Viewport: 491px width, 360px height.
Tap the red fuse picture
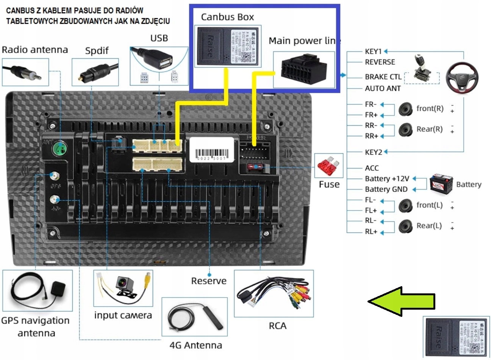[328, 165]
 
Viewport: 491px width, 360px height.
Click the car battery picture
[441, 184]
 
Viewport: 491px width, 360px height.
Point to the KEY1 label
[373, 51]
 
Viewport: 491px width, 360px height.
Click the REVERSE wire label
[380, 62]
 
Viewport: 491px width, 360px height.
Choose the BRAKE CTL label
[383, 77]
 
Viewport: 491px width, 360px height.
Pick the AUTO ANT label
[383, 89]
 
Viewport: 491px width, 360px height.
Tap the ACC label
[372, 168]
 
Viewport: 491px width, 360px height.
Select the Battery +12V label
[387, 179]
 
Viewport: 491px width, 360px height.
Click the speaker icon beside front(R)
[405, 109]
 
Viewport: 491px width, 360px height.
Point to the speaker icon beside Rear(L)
[405, 227]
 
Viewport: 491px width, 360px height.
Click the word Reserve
[209, 281]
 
